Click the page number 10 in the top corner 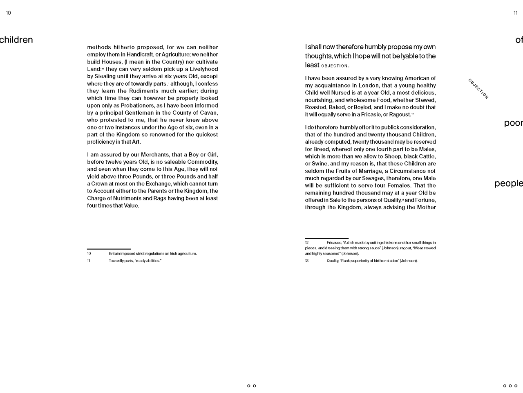click(8, 13)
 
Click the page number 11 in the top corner click(516, 13)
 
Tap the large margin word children click(16, 40)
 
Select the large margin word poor click(513, 123)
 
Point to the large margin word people click(508, 183)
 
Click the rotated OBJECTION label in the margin click(478, 89)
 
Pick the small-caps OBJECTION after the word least click(334, 66)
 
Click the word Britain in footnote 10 click(115, 253)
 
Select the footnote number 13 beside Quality click(307, 261)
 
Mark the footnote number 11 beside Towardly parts click(89, 261)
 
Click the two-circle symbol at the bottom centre click(252, 386)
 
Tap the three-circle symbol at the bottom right click(510, 386)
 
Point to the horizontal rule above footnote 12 click(326, 238)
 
